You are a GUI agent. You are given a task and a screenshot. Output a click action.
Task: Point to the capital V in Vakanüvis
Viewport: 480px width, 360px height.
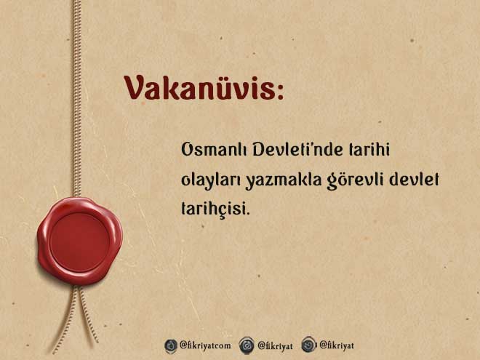[134, 88]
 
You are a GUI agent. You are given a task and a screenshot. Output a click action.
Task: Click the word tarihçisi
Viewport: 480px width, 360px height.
[213, 209]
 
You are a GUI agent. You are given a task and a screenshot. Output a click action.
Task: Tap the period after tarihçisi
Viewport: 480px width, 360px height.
[248, 213]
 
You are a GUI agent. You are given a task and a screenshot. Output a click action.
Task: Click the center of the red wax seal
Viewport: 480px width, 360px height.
[79, 241]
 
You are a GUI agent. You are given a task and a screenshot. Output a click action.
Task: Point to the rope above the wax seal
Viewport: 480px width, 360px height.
[77, 99]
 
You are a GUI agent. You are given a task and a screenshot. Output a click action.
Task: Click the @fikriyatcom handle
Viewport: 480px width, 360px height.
[205, 345]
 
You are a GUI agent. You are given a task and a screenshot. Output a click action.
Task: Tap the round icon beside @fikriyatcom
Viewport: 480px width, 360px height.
[171, 346]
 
